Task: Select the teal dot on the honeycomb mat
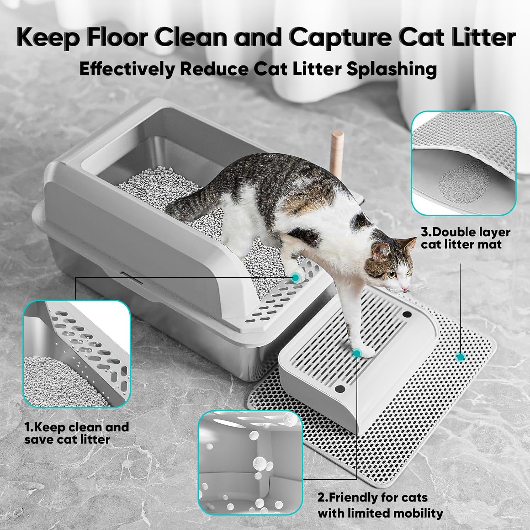pyautogui.click(x=460, y=357)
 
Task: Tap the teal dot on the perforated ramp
pyautogui.click(x=295, y=278)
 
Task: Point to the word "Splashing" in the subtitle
pyautogui.click(x=391, y=69)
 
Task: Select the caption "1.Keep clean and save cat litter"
pyautogui.click(x=77, y=433)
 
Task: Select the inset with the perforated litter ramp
pyautogui.click(x=76, y=354)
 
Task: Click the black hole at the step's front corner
pyautogui.click(x=340, y=389)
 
